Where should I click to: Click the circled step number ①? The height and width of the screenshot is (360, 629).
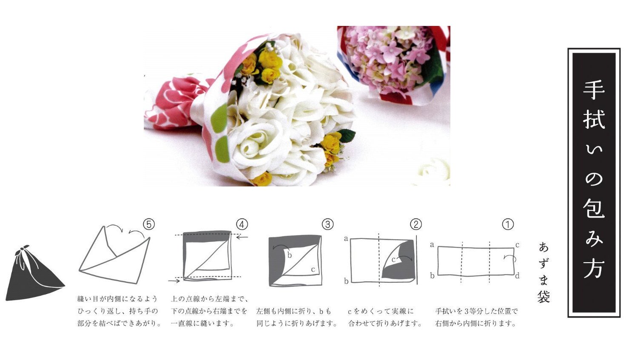508,224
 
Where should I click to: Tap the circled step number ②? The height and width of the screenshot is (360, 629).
416,224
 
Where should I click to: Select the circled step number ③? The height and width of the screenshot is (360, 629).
328,224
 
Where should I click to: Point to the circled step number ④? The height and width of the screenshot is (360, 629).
242,224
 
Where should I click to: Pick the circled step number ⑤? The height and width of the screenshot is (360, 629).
149,224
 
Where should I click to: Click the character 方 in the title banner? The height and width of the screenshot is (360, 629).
594,268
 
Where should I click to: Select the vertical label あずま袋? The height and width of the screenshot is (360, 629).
544,272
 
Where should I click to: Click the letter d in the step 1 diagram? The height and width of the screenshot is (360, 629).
517,276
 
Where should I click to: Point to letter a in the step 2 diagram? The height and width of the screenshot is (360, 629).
346,239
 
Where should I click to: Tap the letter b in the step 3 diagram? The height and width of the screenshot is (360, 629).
290,255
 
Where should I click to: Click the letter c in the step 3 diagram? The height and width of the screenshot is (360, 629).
313,269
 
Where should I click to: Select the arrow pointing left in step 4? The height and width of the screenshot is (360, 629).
242,238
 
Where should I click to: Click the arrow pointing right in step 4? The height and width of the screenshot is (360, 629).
174,281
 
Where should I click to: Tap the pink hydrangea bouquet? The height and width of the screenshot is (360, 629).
393,63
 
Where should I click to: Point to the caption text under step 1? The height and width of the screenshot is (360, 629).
476,317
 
